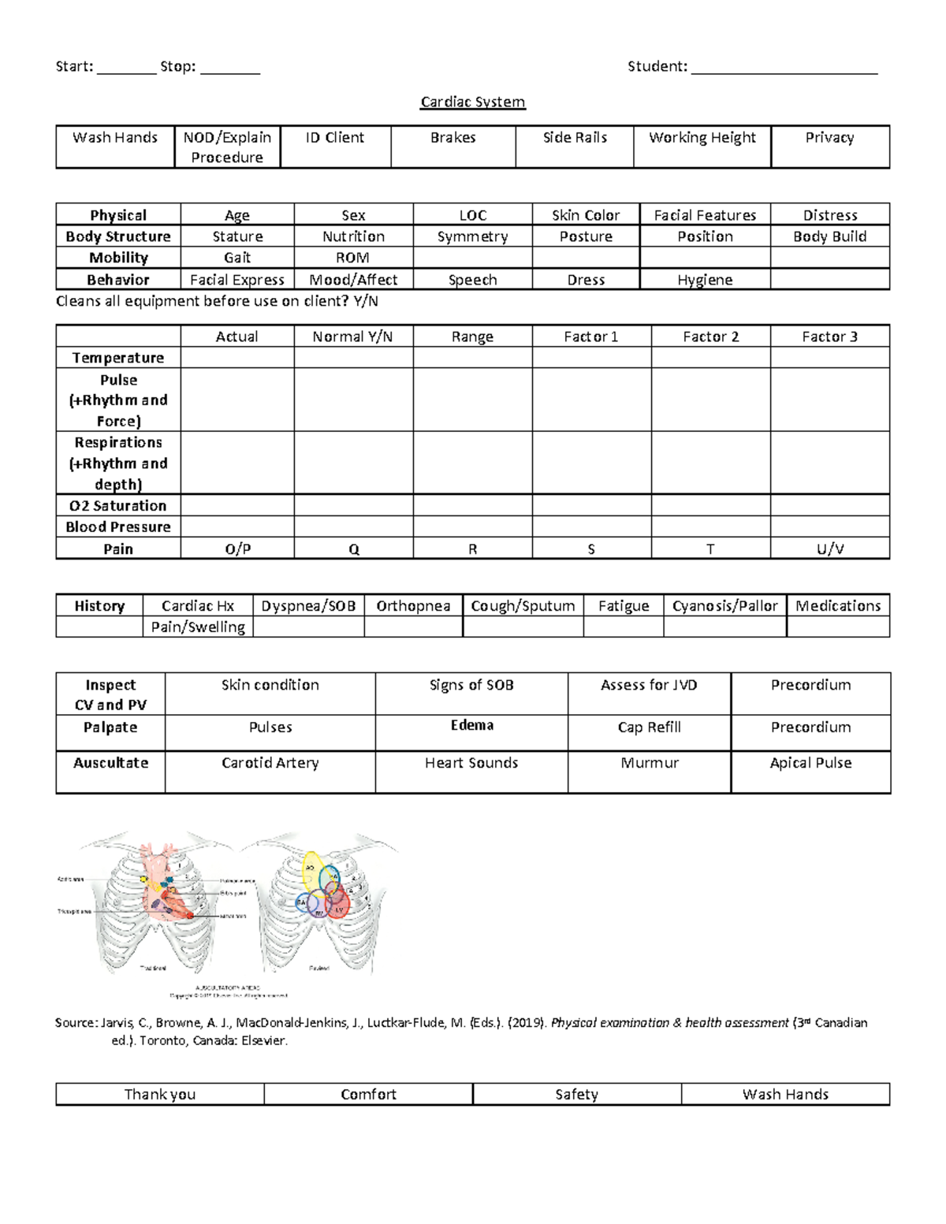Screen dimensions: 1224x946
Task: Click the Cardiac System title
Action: tap(472, 102)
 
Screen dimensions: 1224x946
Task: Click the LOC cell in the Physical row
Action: tap(472, 215)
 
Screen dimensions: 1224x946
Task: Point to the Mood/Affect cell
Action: tap(353, 280)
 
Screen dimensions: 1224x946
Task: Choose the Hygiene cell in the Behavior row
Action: tap(705, 280)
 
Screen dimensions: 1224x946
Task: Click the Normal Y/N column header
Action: tap(352, 337)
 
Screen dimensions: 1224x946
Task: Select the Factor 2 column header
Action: tap(710, 337)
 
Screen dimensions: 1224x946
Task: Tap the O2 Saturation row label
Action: tap(118, 506)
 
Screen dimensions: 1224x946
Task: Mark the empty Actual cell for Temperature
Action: tap(236, 358)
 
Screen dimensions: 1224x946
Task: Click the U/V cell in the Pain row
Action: tap(829, 549)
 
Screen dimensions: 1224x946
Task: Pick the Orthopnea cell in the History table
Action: tap(413, 606)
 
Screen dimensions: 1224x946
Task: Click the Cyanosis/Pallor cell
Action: tap(724, 606)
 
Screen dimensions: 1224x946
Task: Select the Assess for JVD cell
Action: tap(649, 686)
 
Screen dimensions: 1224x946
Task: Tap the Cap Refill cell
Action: tap(649, 727)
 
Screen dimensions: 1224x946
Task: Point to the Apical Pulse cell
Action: tap(810, 763)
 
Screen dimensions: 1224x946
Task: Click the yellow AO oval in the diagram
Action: tap(312, 869)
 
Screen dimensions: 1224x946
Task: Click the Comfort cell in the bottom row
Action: tap(368, 1094)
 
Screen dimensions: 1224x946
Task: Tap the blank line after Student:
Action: tap(784, 68)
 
